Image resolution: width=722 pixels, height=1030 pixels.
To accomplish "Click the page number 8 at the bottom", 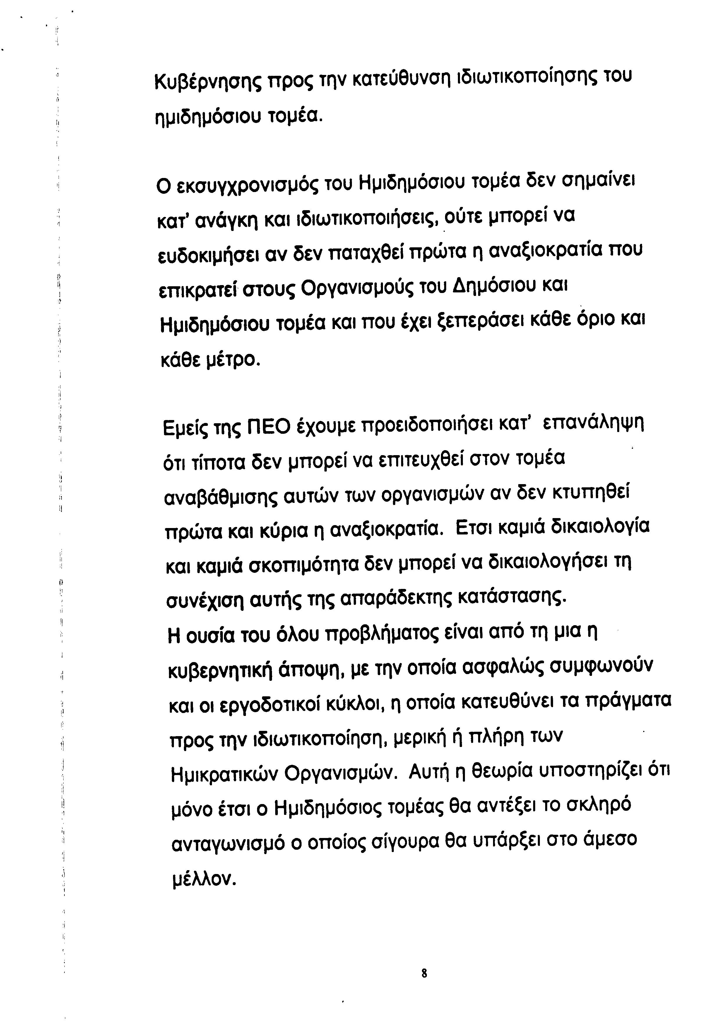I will coord(424,986).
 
